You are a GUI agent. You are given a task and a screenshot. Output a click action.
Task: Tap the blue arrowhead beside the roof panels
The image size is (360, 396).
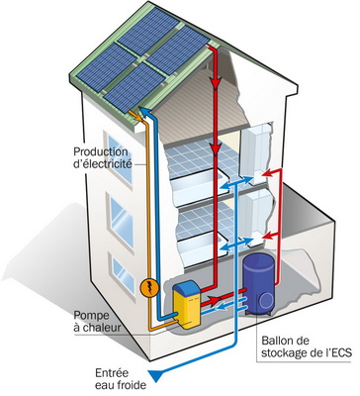(143, 109)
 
